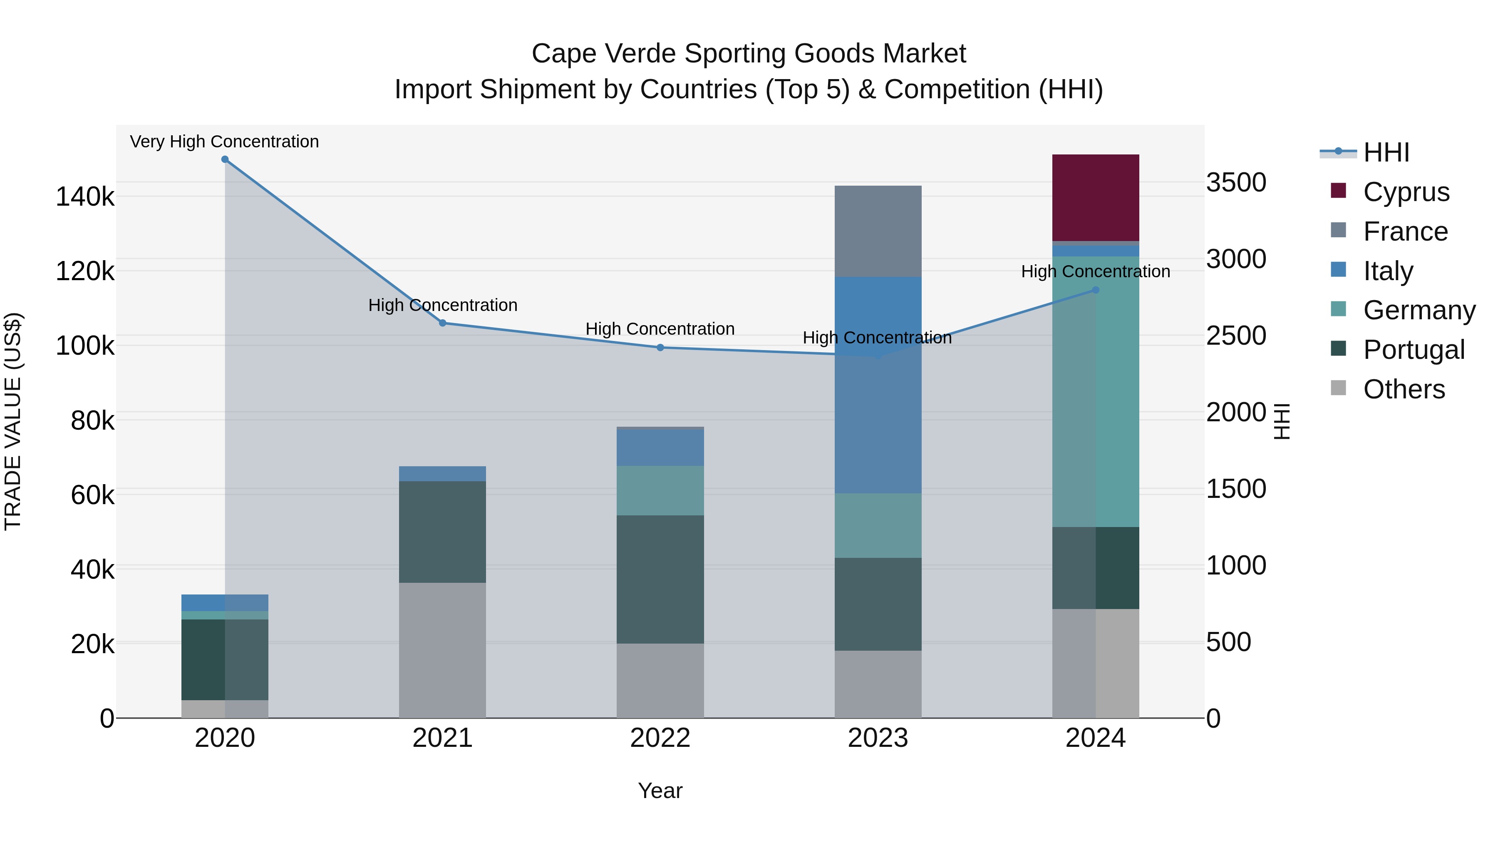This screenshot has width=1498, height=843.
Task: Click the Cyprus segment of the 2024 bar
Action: pos(1095,197)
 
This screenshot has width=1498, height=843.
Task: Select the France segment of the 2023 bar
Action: pos(878,231)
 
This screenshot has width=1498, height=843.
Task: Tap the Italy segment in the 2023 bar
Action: pos(878,385)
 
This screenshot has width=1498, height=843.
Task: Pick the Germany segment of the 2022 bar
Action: pos(660,490)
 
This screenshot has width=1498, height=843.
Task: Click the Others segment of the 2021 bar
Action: pos(442,650)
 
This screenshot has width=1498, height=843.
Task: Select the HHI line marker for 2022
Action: pos(660,347)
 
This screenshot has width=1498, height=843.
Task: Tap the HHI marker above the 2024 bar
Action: pos(1095,290)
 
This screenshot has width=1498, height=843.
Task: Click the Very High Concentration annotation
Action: pos(224,142)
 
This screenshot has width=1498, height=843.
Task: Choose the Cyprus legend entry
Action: pos(1406,191)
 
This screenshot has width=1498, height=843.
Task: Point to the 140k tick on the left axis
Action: pos(85,196)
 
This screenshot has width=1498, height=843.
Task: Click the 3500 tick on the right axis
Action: pos(1236,182)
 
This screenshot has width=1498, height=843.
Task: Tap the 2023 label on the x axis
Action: pos(878,738)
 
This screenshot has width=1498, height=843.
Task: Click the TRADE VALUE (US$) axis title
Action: pos(13,421)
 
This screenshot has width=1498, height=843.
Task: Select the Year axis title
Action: pos(660,791)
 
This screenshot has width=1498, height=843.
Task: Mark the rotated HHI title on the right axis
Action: pos(1281,421)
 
